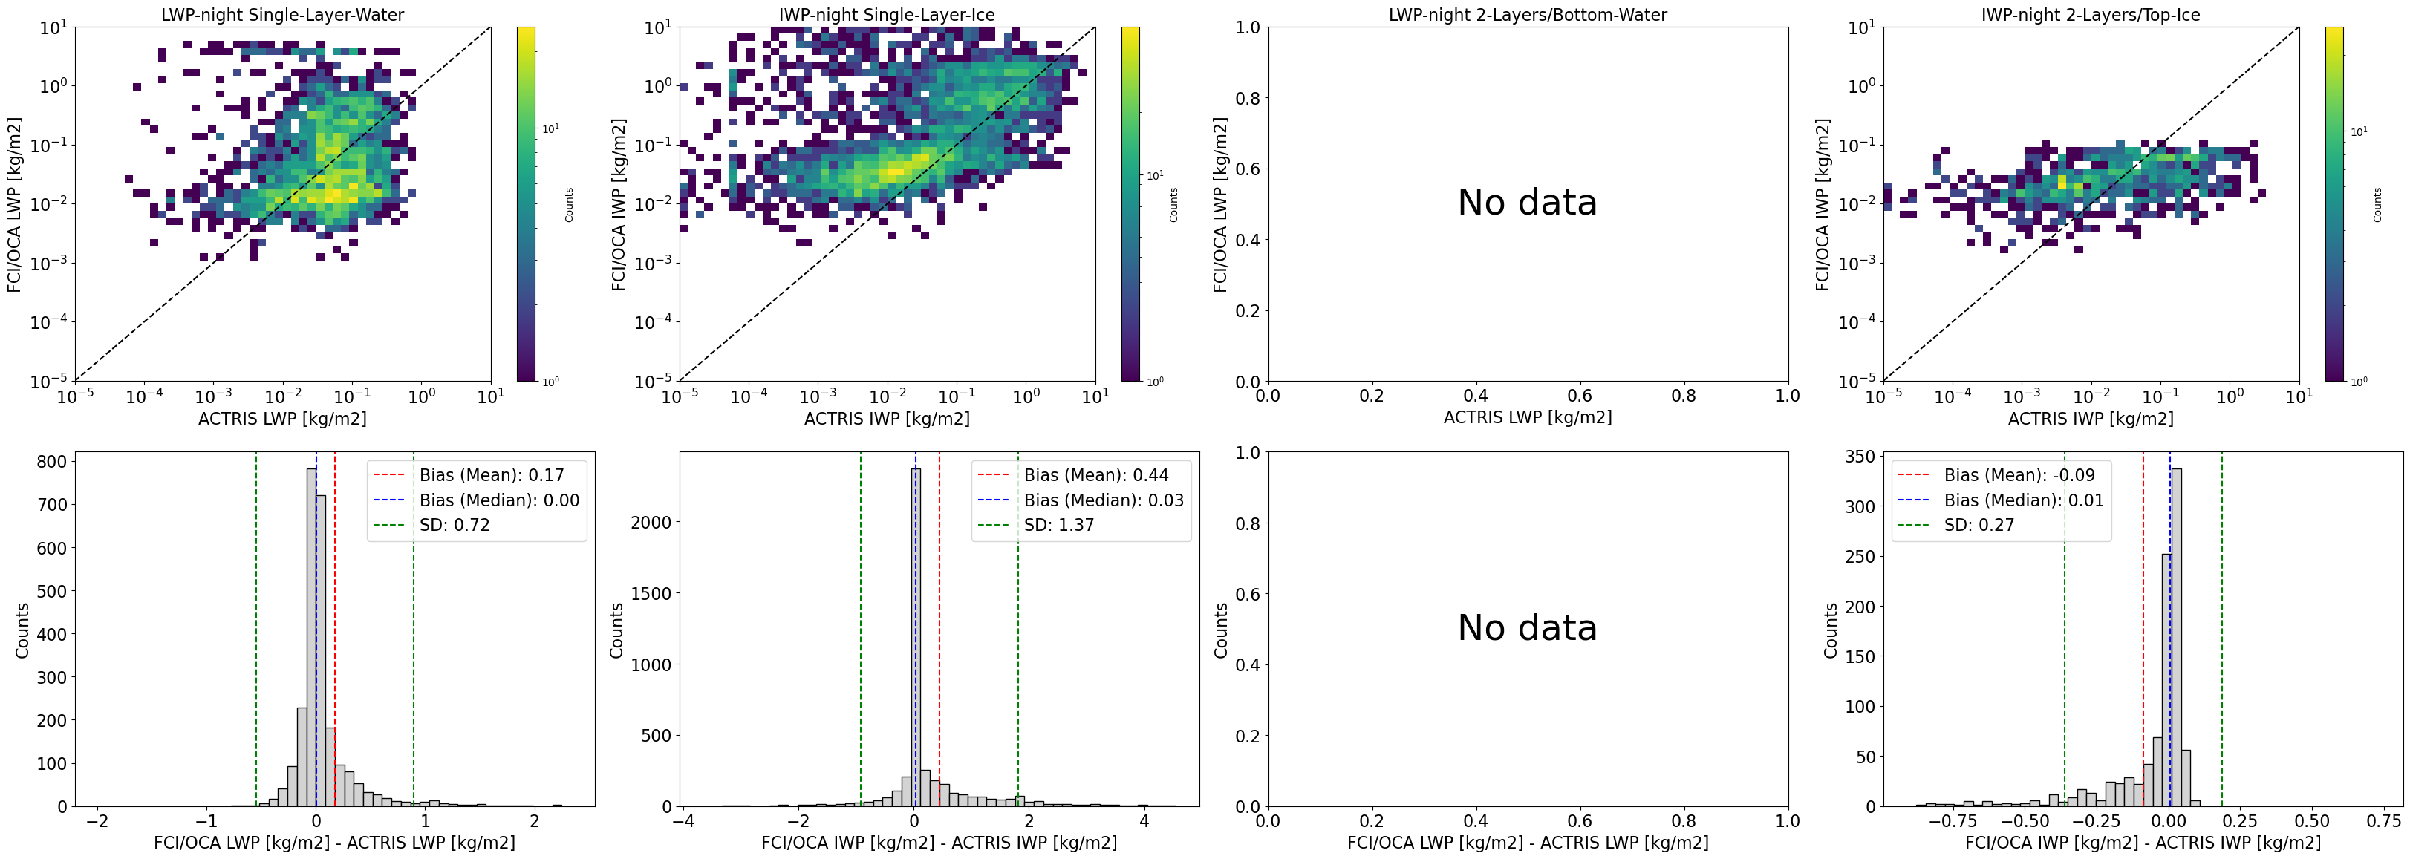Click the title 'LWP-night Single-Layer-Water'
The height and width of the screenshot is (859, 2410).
282,15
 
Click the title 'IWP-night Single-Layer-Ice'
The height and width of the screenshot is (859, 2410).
887,15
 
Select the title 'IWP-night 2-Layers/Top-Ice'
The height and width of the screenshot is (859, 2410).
2090,15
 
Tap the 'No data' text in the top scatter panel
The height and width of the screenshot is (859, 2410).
1527,203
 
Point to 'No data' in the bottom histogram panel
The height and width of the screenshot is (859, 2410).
1527,628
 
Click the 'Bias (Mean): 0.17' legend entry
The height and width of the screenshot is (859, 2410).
491,475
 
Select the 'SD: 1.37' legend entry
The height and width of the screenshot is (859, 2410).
1058,525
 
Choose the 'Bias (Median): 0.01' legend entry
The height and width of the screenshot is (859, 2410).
2024,500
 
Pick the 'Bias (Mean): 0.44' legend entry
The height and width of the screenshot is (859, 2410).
1095,475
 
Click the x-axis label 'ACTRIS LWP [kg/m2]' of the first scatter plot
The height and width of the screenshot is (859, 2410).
282,418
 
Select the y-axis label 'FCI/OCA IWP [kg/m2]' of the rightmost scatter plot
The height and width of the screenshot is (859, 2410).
1823,204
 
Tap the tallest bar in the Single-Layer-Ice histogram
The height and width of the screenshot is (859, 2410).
916,636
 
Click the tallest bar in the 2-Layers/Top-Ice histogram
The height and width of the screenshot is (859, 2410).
2176,636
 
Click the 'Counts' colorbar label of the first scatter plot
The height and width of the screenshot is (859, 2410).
569,204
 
